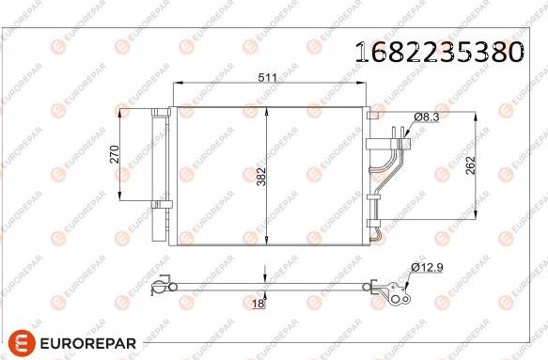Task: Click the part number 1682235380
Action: pyautogui.click(x=438, y=51)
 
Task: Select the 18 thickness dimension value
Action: pyautogui.click(x=257, y=303)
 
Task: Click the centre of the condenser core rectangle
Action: pyautogui.click(x=269, y=176)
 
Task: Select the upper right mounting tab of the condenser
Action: pyautogui.click(x=373, y=114)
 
